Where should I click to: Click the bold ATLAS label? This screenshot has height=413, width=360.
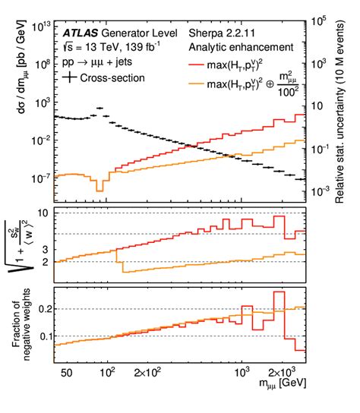point(81,34)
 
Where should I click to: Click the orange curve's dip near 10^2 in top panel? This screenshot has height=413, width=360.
point(99,187)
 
